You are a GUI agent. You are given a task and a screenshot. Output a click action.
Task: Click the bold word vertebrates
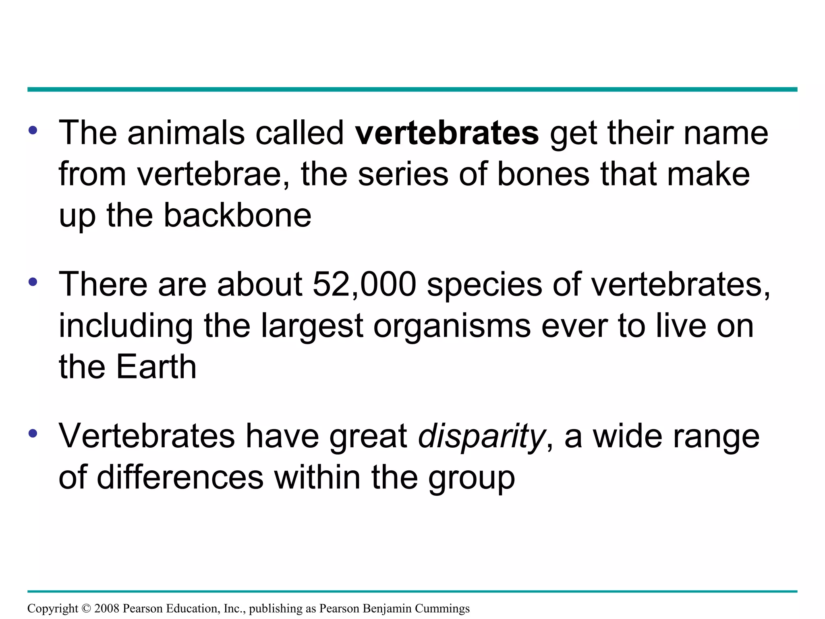tap(446, 133)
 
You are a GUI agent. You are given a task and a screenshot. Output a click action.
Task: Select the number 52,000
tap(364, 285)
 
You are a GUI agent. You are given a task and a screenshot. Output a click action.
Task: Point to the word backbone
tap(237, 215)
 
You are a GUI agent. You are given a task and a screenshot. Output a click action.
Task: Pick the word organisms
tap(452, 326)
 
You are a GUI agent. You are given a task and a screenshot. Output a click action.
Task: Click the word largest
tap(312, 326)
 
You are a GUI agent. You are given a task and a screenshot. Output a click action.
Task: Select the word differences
tap(180, 478)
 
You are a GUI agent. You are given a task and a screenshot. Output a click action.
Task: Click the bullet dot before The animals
tap(33, 130)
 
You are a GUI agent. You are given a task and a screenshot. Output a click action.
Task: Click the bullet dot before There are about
tap(33, 282)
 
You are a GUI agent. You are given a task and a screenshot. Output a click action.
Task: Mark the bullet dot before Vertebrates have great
tap(33, 434)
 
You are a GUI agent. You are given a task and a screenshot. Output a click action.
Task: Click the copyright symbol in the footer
tap(86, 609)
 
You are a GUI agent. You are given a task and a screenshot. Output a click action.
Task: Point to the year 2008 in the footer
tap(107, 609)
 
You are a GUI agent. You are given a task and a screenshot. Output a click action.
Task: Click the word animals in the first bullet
tap(186, 133)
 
